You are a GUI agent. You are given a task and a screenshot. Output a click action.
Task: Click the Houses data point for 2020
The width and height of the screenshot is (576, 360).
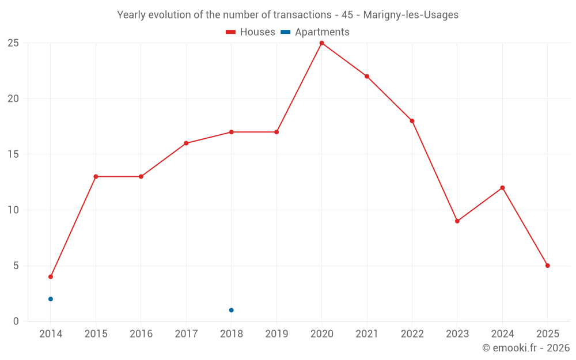(x=321, y=43)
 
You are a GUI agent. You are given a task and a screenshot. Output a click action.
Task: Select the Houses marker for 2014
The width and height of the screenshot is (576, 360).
(x=51, y=276)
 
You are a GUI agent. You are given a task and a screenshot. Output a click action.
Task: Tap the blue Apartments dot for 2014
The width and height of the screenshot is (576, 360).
(x=51, y=299)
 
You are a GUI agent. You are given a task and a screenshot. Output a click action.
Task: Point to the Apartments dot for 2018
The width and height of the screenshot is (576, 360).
(x=231, y=310)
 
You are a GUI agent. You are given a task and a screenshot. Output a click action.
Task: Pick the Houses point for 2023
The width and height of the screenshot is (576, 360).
(x=457, y=221)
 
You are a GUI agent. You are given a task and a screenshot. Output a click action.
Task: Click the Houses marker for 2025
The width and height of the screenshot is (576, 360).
(x=547, y=266)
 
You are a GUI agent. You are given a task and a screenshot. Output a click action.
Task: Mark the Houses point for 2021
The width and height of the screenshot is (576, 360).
(x=367, y=77)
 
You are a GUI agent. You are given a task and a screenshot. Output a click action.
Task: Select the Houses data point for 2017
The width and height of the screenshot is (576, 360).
(x=186, y=143)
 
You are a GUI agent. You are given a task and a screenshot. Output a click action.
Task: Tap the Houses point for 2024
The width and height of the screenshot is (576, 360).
(x=502, y=188)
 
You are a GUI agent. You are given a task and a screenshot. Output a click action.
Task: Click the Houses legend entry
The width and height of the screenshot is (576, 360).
(x=251, y=32)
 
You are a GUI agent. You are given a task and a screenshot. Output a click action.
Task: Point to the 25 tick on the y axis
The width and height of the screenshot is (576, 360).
(x=13, y=43)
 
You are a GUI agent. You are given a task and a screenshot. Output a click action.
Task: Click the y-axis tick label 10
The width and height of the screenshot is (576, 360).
(x=13, y=210)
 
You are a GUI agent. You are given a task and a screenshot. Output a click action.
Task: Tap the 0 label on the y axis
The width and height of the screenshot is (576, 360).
(x=16, y=321)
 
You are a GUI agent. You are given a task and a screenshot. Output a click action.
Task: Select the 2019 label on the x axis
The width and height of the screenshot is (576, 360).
(x=276, y=334)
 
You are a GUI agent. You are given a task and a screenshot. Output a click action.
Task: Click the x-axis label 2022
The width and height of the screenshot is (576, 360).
(x=412, y=334)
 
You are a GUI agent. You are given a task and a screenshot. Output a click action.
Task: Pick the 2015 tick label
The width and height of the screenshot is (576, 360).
(x=96, y=334)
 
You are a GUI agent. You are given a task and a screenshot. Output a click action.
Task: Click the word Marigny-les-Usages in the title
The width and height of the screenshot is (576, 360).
(x=411, y=15)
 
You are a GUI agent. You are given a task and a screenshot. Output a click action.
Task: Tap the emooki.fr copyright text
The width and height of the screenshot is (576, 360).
(x=526, y=348)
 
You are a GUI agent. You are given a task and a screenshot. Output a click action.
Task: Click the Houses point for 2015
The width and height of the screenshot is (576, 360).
(x=96, y=176)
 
